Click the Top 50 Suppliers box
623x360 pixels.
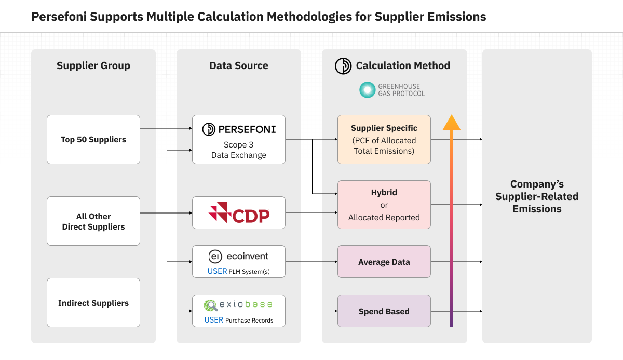click(93, 139)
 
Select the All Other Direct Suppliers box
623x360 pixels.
click(93, 221)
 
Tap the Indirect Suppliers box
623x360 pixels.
click(93, 303)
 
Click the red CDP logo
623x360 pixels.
click(239, 213)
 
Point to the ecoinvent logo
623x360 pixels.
click(239, 256)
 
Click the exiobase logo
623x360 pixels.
click(239, 305)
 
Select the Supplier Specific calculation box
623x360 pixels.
click(384, 139)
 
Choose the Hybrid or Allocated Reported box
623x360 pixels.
click(384, 205)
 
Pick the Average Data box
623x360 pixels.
click(384, 262)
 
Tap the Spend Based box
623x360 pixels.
click(384, 311)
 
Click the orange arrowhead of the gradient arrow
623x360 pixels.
click(452, 123)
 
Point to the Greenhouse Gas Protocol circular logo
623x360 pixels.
click(368, 90)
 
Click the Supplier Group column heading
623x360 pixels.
click(93, 65)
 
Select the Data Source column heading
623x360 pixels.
click(239, 65)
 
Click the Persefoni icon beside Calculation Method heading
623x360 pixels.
click(343, 65)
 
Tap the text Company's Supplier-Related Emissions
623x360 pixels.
click(537, 196)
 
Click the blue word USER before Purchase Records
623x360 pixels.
click(214, 320)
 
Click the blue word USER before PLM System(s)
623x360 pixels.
click(217, 271)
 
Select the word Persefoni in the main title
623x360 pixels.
click(57, 17)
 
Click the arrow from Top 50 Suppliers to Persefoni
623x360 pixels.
click(166, 128)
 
